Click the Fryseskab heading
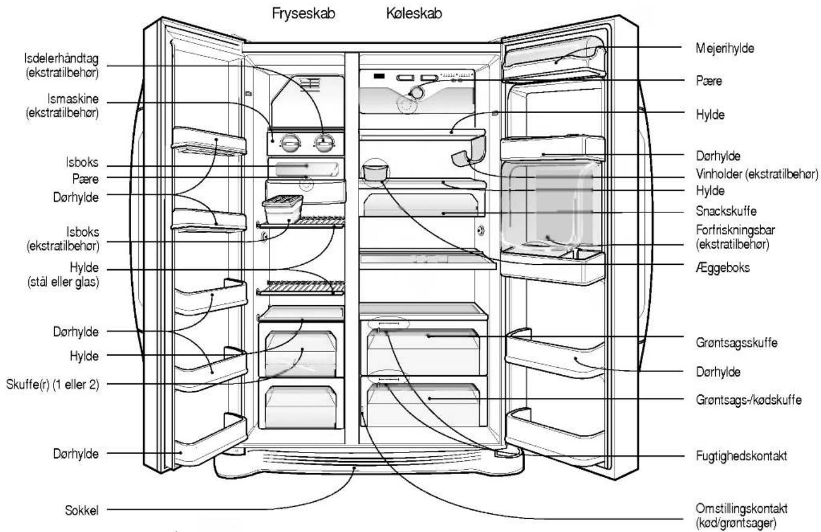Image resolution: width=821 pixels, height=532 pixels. click(304, 14)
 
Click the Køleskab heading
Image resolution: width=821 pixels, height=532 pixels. click(414, 14)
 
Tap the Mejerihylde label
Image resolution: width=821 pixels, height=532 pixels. click(725, 48)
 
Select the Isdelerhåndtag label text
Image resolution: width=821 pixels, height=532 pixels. click(61, 58)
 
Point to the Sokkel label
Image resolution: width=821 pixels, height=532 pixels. click(82, 510)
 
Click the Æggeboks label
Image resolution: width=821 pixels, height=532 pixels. click(722, 268)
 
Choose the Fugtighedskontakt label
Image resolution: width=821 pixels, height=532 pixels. click(741, 456)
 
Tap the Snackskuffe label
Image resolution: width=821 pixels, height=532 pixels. click(726, 211)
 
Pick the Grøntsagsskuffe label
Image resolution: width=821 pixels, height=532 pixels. click(736, 342)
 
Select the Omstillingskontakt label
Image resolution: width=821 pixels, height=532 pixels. click(741, 509)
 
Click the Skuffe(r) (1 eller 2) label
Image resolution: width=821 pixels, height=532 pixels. click(52, 384)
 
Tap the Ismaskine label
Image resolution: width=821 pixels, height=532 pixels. click(73, 99)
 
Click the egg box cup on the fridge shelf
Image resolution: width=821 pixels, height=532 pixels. click(375, 172)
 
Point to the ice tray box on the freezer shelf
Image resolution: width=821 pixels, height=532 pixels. click(283, 209)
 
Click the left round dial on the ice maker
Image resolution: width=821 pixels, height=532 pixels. click(291, 143)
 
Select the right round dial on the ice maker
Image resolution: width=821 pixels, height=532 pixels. click(324, 143)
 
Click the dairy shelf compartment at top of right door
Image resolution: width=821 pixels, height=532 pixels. click(554, 58)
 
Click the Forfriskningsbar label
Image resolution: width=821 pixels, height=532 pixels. click(735, 230)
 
